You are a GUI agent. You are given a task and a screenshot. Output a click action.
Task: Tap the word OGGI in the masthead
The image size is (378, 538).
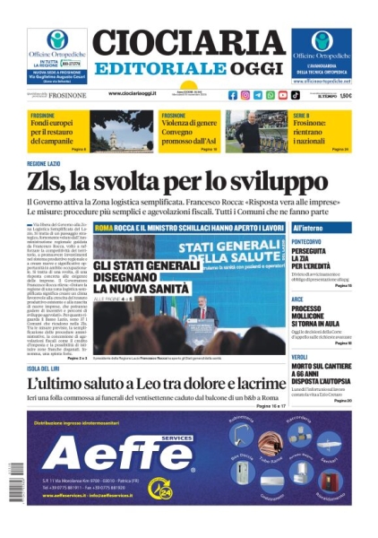tap(244, 69)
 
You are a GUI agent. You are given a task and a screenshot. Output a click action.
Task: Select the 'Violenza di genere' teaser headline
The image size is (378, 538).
tap(189, 122)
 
